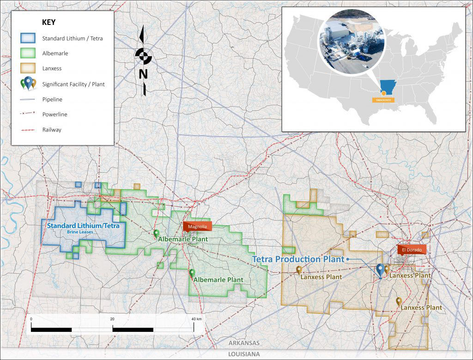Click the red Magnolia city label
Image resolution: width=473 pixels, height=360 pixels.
pos(197,226)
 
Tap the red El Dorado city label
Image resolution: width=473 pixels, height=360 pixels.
pos(410,250)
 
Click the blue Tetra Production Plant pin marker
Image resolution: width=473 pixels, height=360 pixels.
pos(380,270)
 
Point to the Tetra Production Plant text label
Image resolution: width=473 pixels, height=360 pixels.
pos(298,259)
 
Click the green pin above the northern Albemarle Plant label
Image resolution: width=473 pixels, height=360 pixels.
pos(156,234)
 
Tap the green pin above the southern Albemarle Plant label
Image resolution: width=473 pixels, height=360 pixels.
pos(192,273)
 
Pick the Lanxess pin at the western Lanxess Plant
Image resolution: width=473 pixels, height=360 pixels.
pos(299,270)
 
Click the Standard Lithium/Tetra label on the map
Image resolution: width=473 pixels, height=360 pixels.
pos(83,226)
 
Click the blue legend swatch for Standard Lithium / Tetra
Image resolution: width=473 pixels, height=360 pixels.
pos(28,38)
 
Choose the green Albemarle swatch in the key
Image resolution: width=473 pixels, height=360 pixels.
pos(28,54)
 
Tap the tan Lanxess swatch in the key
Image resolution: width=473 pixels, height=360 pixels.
pos(28,68)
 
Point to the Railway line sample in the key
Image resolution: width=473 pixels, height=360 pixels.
pos(28,130)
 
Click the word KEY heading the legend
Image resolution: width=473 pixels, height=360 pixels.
pos(49,23)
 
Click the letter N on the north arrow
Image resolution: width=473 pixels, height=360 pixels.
pos(143,74)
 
